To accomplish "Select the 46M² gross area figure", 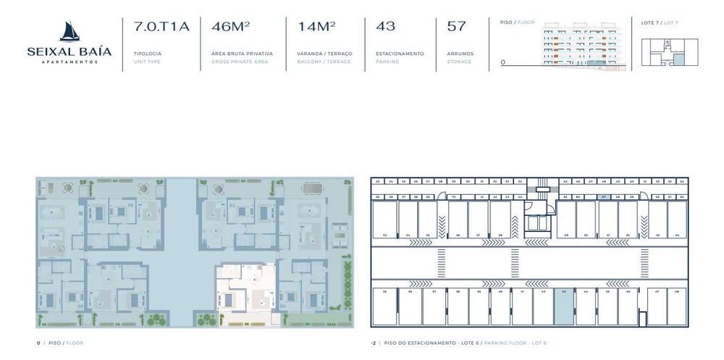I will (x=230, y=27).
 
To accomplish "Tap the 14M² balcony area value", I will (x=316, y=27).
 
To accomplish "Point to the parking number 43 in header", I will (x=385, y=27).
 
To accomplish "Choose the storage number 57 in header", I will (x=456, y=27).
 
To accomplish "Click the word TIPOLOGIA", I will (x=148, y=54).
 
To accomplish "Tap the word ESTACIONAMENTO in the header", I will (x=400, y=54).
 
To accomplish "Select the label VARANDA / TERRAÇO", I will (x=324, y=54).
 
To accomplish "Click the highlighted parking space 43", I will (x=563, y=307).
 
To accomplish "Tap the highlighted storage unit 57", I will (x=604, y=196).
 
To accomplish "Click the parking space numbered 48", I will (x=676, y=307).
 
